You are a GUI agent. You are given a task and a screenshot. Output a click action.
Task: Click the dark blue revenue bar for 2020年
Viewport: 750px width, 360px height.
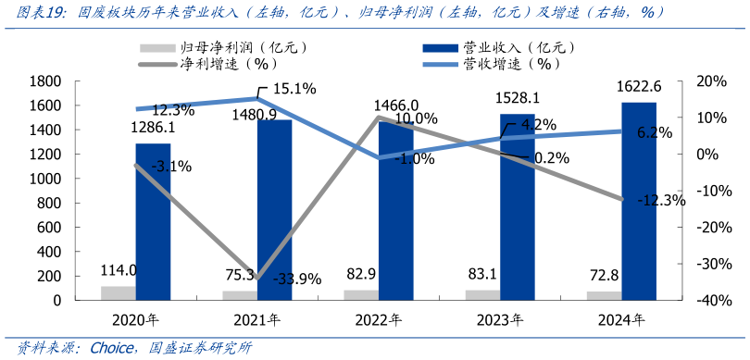(x=153, y=222)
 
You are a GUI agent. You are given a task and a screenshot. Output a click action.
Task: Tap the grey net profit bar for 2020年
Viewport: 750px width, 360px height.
(x=119, y=293)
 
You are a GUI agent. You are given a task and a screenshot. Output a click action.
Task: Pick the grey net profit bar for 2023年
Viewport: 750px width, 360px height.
(x=483, y=295)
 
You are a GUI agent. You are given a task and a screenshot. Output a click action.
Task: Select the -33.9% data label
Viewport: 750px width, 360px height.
(x=296, y=279)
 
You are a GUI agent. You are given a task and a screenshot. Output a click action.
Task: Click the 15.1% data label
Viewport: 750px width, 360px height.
(x=294, y=90)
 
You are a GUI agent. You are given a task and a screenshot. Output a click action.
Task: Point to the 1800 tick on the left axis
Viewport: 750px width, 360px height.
(x=45, y=81)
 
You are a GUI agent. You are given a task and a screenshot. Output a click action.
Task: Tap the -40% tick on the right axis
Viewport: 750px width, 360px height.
(x=706, y=301)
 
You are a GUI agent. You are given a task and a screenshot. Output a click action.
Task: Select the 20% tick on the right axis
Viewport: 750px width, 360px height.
(x=709, y=81)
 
